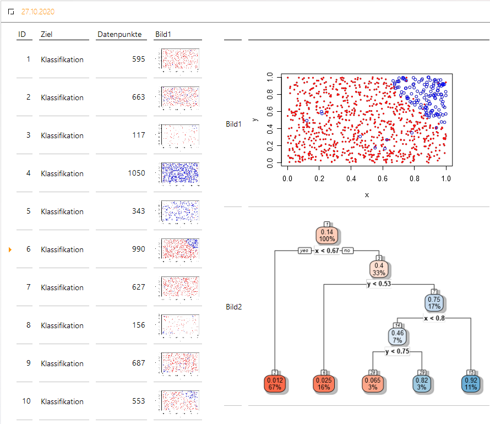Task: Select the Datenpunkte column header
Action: [x=119, y=35]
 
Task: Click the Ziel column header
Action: [x=46, y=35]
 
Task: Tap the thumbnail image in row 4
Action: [x=179, y=172]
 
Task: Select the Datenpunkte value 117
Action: [x=139, y=135]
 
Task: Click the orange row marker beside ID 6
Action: [x=10, y=249]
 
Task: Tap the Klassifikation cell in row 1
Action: [x=62, y=59]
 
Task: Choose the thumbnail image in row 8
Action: [x=179, y=324]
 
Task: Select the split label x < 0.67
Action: [x=327, y=251]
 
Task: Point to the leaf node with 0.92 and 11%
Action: [x=471, y=383]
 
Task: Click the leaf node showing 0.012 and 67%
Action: [x=275, y=383]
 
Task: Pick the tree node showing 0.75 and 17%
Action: [x=434, y=303]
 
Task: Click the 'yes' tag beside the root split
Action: [x=304, y=251]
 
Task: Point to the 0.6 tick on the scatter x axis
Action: [x=383, y=179]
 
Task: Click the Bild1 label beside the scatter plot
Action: [x=233, y=124]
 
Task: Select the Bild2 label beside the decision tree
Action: [x=233, y=306]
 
